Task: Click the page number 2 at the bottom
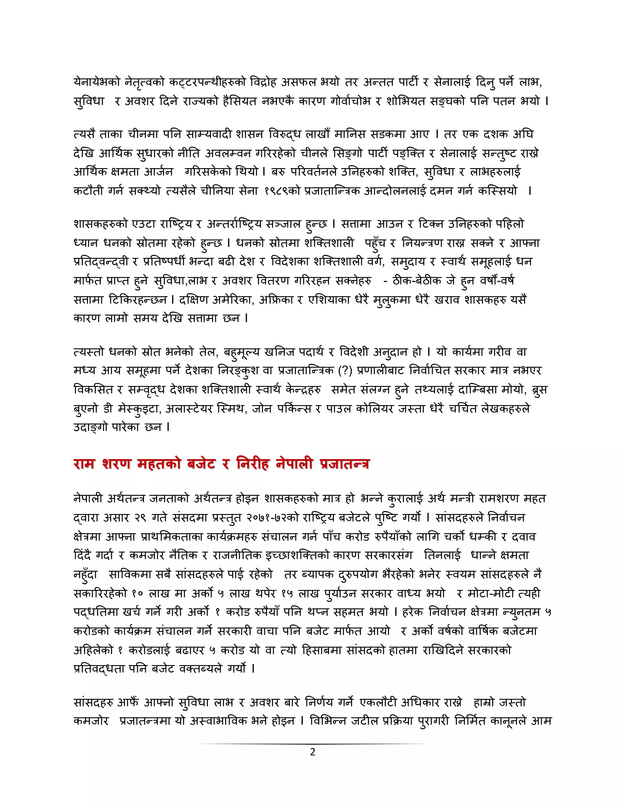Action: click(x=312, y=752)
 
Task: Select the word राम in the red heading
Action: click(x=85, y=464)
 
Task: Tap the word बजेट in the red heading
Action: click(x=201, y=464)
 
